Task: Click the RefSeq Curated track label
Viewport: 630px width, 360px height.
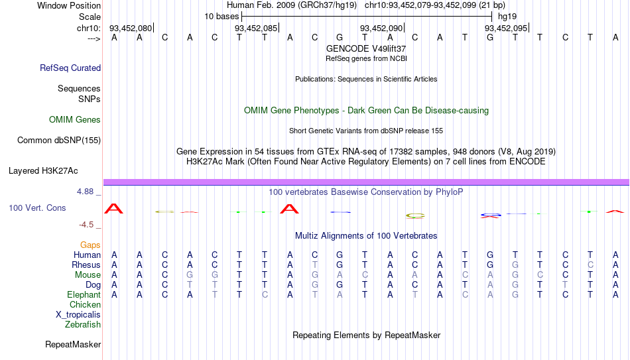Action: pyautogui.click(x=70, y=68)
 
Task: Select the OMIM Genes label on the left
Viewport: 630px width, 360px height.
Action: pyautogui.click(x=75, y=120)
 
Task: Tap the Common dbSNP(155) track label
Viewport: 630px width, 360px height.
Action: pyautogui.click(x=59, y=141)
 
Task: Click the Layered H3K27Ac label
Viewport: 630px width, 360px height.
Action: pyautogui.click(x=43, y=171)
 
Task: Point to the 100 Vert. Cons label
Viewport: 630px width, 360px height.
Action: pyautogui.click(x=37, y=208)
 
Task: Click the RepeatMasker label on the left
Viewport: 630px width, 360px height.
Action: pyautogui.click(x=73, y=344)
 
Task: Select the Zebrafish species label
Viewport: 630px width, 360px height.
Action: pyautogui.click(x=83, y=324)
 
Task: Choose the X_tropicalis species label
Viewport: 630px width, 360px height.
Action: pyautogui.click(x=78, y=315)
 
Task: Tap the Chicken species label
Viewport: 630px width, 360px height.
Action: pyautogui.click(x=85, y=304)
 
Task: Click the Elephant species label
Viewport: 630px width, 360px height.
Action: pyautogui.click(x=84, y=294)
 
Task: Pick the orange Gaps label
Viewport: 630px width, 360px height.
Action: pyautogui.click(x=90, y=245)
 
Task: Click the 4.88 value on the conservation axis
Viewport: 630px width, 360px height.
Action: pyautogui.click(x=85, y=191)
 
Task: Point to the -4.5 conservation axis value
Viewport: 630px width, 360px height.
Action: pyautogui.click(x=86, y=225)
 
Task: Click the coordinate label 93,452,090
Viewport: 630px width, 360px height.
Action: pyautogui.click(x=381, y=28)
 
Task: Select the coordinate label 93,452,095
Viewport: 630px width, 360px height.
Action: pyautogui.click(x=506, y=28)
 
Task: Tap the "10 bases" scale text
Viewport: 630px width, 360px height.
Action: pyautogui.click(x=221, y=17)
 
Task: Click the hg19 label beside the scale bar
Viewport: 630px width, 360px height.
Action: pyautogui.click(x=507, y=17)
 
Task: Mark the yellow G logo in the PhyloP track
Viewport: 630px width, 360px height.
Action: pyautogui.click(x=415, y=215)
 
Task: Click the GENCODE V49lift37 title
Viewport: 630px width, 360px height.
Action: pyautogui.click(x=366, y=48)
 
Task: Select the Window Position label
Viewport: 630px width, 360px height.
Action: pyautogui.click(x=69, y=5)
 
